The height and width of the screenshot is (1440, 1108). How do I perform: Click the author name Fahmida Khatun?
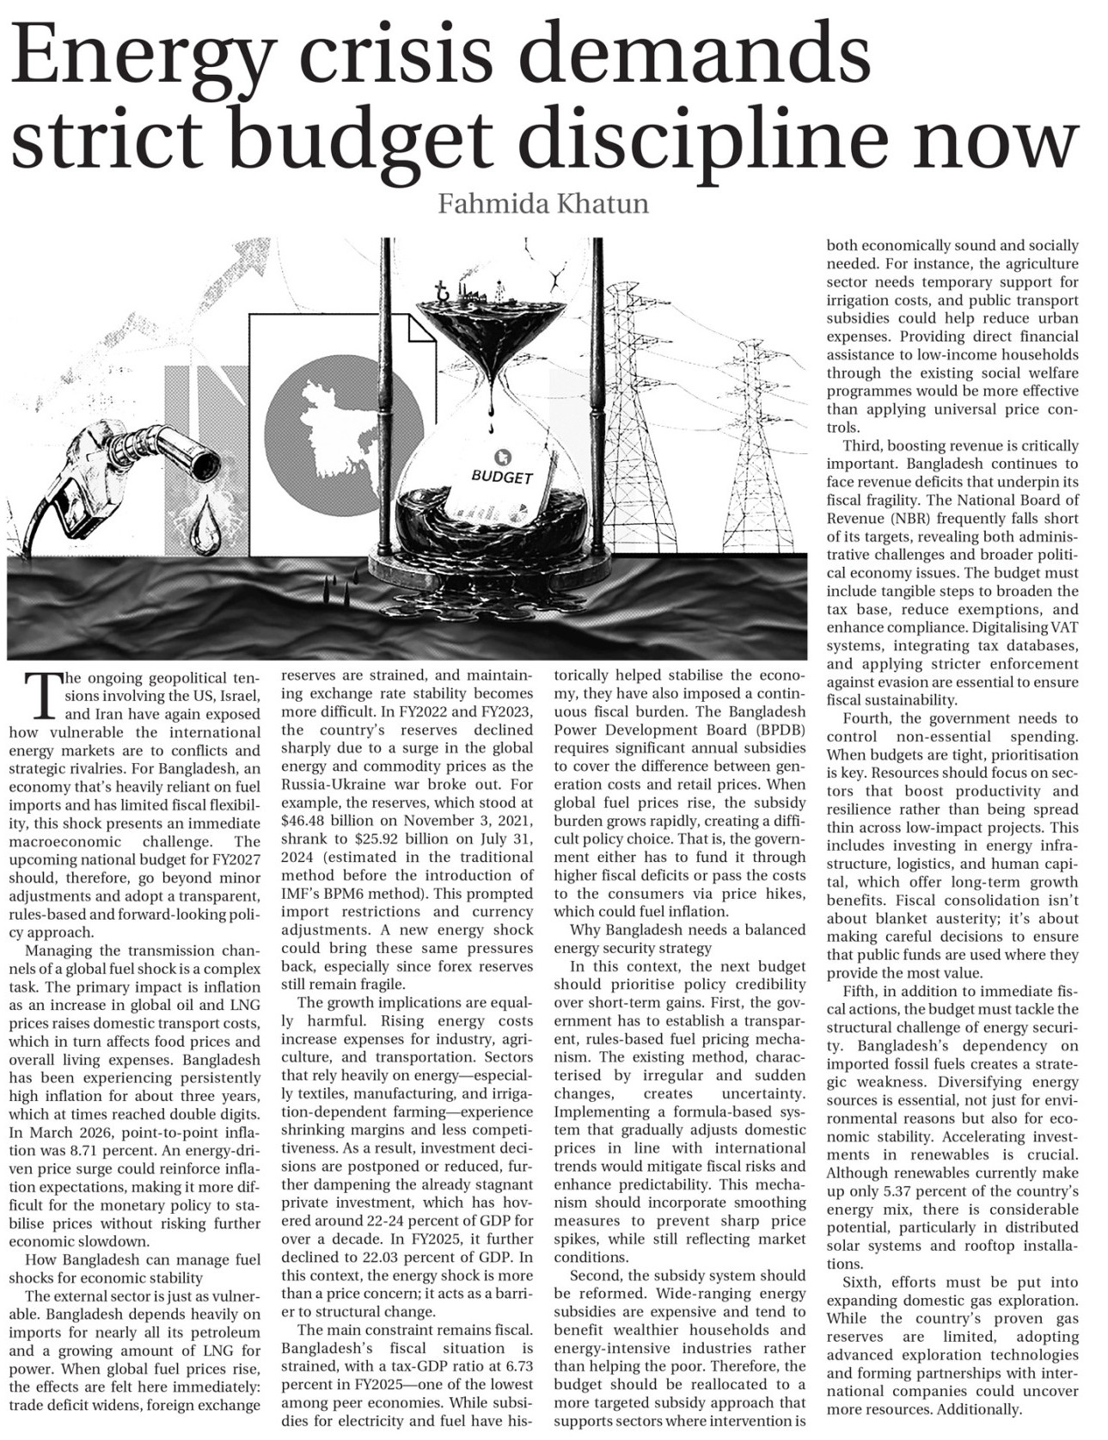pyautogui.click(x=542, y=205)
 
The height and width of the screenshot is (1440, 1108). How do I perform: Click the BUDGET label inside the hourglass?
pyautogui.click(x=502, y=476)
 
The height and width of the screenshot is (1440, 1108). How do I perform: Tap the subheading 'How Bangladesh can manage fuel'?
pyautogui.click(x=134, y=1259)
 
